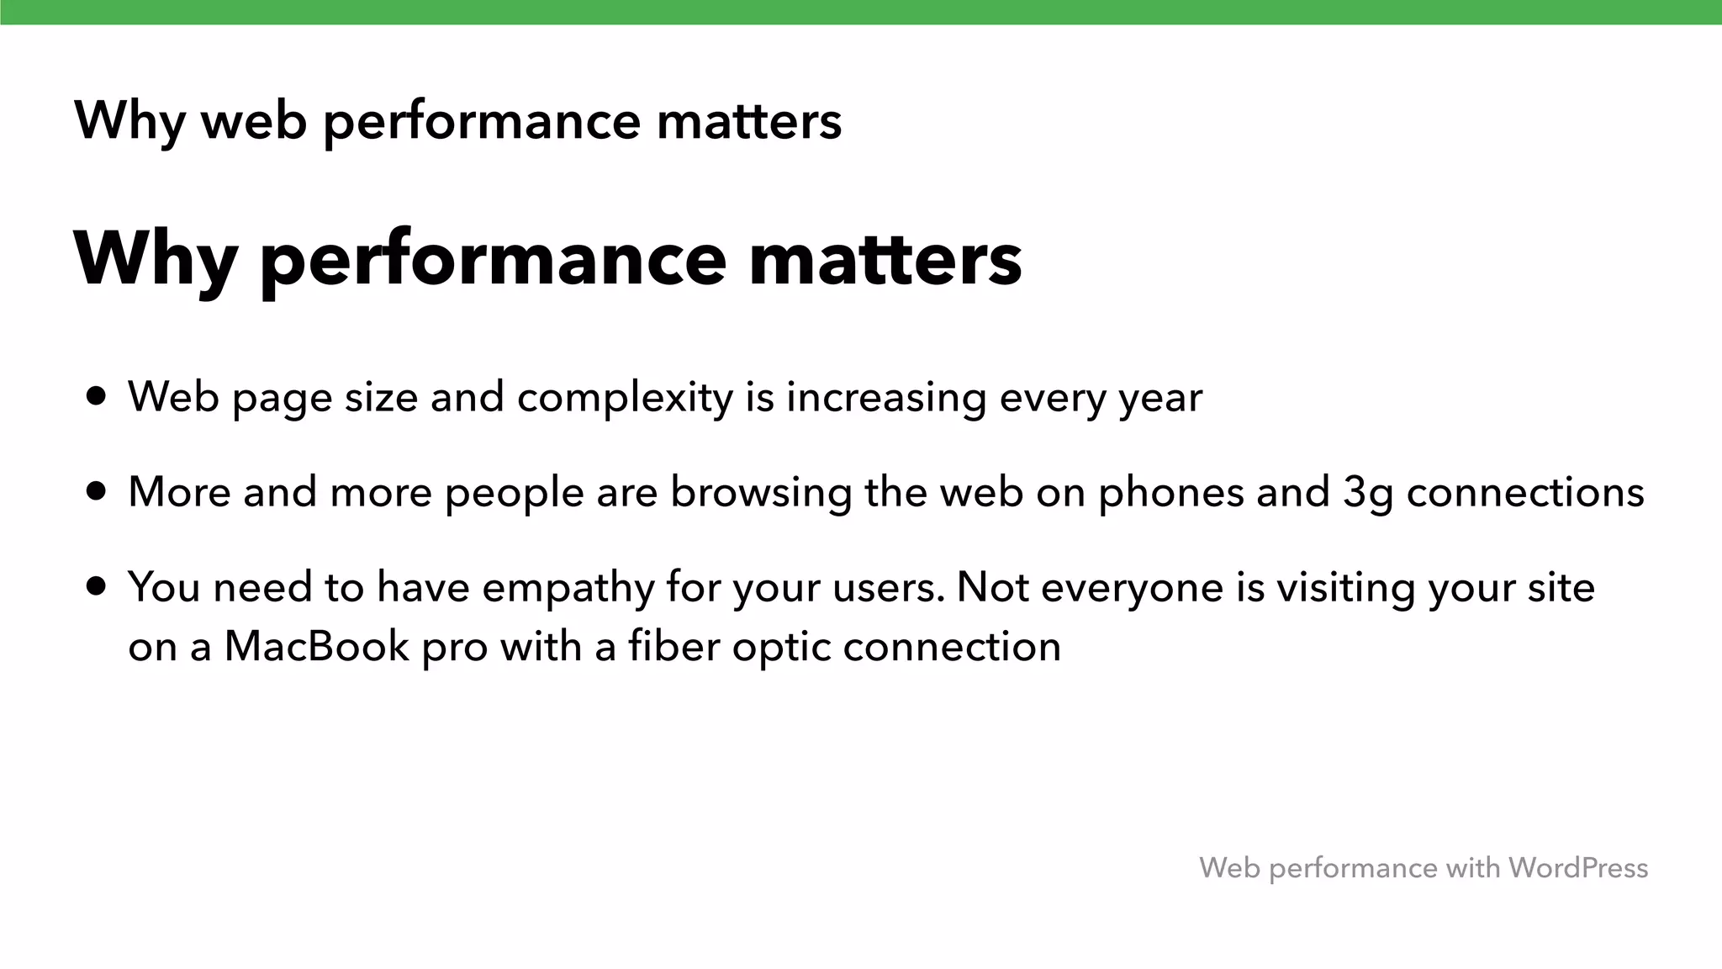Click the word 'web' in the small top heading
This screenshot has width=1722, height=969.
(x=254, y=120)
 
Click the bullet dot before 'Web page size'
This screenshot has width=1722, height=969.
(x=97, y=396)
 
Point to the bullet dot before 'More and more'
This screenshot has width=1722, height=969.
(x=97, y=491)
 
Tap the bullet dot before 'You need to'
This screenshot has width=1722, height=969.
(x=97, y=586)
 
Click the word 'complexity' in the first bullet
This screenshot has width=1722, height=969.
(x=625, y=398)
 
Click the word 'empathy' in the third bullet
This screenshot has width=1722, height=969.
(x=568, y=588)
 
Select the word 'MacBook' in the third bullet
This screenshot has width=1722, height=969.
(x=316, y=647)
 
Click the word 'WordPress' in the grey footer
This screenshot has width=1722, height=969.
(x=1577, y=867)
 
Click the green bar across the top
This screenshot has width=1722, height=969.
(x=861, y=12)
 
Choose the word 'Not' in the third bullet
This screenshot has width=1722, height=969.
(x=992, y=586)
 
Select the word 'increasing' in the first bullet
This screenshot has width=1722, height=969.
(x=886, y=398)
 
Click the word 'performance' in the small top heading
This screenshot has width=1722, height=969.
(x=482, y=122)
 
